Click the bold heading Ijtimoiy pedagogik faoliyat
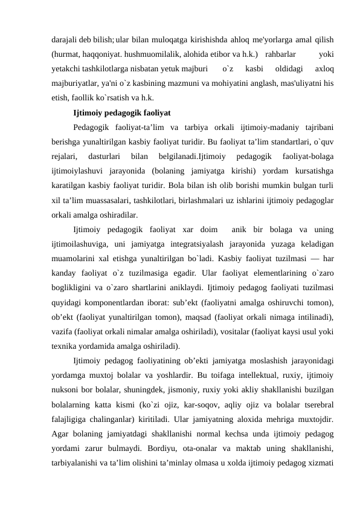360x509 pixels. point(121,113)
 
